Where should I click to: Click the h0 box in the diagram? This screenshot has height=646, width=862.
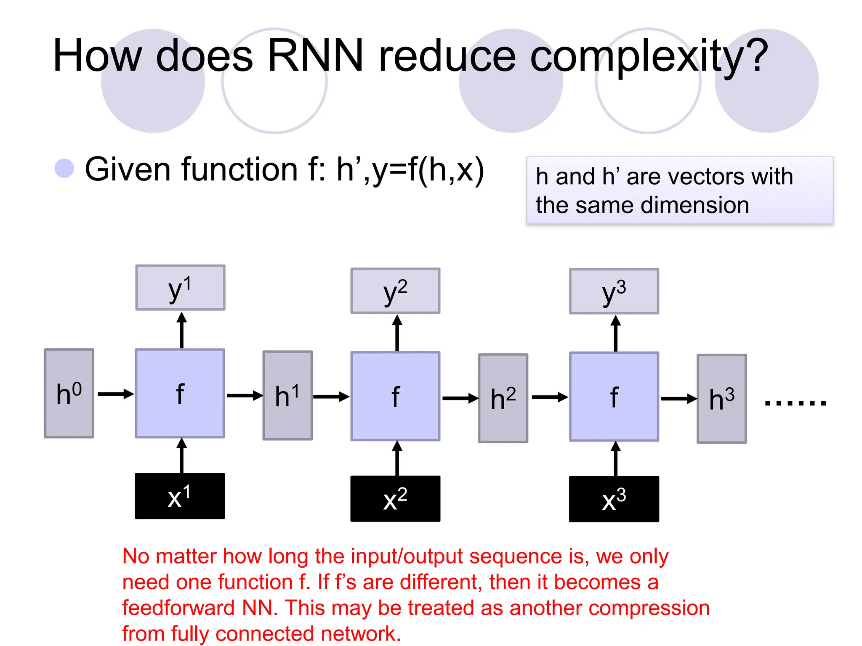[69, 393]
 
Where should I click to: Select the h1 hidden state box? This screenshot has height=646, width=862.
[287, 395]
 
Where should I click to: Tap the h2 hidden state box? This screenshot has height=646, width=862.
[503, 398]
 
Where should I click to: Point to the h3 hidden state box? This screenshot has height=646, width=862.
[722, 399]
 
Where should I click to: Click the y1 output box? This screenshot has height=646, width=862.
[180, 288]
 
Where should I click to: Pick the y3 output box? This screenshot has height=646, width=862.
[614, 291]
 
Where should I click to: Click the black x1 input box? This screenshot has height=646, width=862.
[180, 496]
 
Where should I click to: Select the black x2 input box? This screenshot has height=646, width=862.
[395, 499]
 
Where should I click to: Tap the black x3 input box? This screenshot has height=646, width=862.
[614, 499]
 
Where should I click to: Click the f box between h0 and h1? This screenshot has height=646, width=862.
[180, 393]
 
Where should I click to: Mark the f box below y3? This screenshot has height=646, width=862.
[614, 397]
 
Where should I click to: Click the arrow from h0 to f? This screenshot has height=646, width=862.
[116, 394]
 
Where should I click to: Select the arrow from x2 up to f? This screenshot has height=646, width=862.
[397, 458]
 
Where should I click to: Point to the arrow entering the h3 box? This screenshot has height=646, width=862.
[678, 399]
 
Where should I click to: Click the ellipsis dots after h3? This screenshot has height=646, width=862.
[795, 403]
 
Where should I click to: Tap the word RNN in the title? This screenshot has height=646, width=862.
[315, 56]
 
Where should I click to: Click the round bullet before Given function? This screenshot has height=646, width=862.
[64, 169]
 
